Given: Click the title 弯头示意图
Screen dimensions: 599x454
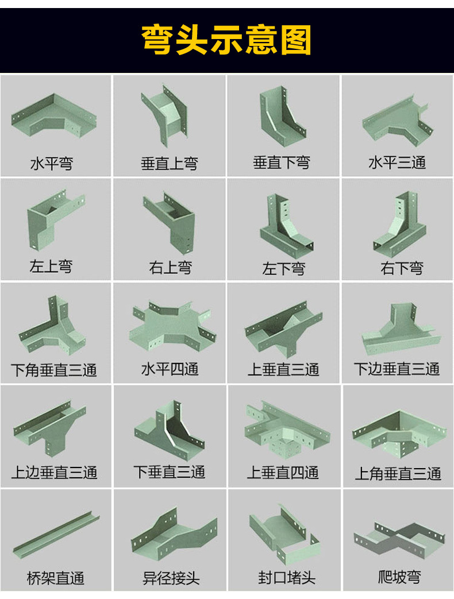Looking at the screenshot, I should [x=226, y=40].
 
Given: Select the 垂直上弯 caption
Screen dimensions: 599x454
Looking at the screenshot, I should [x=169, y=164].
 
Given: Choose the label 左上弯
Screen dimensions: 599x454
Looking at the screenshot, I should [x=51, y=266].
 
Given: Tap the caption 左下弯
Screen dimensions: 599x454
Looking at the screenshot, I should [x=283, y=268].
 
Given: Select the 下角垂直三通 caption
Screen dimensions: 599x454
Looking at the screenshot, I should [x=53, y=370].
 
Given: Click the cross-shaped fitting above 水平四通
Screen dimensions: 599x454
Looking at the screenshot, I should [x=170, y=327].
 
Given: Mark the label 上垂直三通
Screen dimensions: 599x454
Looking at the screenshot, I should [x=283, y=369].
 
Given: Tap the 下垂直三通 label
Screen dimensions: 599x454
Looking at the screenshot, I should [x=170, y=472].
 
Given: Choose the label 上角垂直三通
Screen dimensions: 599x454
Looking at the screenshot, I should [x=398, y=474].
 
